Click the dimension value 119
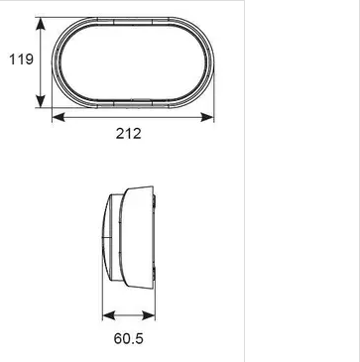click(x=21, y=60)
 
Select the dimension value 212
click(x=129, y=134)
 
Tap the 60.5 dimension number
click(x=129, y=338)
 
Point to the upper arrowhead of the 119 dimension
click(x=41, y=24)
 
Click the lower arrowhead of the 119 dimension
click(x=41, y=101)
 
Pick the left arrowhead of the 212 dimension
click(x=59, y=117)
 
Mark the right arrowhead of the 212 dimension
click(x=207, y=117)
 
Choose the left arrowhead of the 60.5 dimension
click(x=109, y=315)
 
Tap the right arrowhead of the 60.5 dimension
click(x=149, y=315)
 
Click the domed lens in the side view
click(x=107, y=237)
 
